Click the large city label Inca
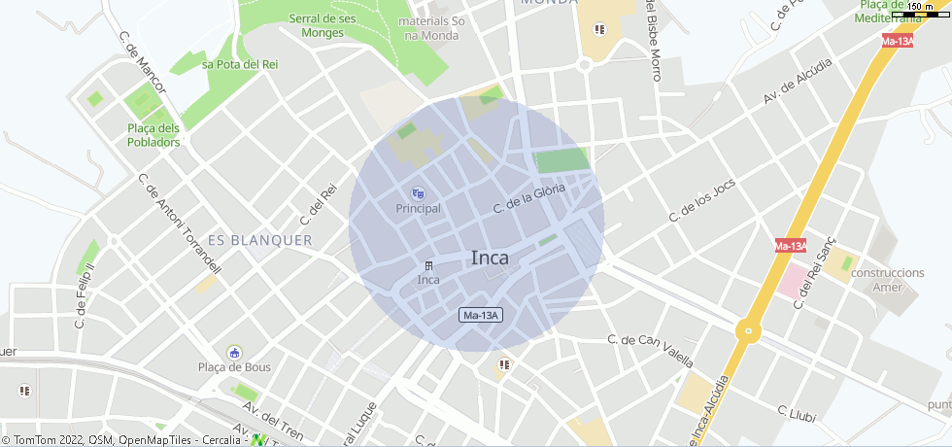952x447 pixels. (490, 258)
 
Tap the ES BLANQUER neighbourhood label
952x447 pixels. (260, 240)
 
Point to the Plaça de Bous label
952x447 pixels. (234, 367)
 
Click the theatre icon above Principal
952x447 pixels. (419, 193)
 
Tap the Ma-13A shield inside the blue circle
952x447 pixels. (480, 316)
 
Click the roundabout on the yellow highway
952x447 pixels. (747, 330)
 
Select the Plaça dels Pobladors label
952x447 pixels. (153, 135)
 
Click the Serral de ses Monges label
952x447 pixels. (323, 25)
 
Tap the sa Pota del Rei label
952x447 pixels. (240, 64)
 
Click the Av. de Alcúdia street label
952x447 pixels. (798, 82)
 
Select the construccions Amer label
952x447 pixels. (887, 280)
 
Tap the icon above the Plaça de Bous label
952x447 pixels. (234, 352)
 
